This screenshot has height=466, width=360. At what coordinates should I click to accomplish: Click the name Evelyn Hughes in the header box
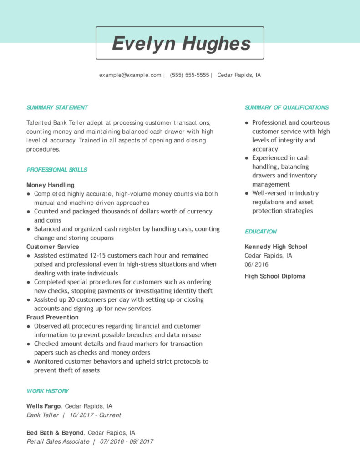click(181, 44)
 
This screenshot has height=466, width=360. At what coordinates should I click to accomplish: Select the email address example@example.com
click(130, 75)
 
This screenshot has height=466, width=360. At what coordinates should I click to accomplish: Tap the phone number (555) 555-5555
click(189, 75)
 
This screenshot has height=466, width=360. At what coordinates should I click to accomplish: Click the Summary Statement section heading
click(57, 107)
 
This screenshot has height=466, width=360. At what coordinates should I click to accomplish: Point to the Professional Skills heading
click(57, 170)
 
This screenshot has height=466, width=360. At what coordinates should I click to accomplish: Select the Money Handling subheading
click(50, 185)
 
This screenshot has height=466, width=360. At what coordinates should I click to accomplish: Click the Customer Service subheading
click(52, 247)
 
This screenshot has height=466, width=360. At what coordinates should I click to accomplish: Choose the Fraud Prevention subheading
click(52, 317)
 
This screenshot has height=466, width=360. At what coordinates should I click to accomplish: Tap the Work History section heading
click(48, 391)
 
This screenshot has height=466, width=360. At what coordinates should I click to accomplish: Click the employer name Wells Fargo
click(43, 406)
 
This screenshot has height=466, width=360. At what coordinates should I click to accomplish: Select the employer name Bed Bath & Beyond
click(55, 433)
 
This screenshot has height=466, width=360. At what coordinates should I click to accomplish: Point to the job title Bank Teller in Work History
click(43, 415)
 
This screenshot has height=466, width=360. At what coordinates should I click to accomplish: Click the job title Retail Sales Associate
click(58, 441)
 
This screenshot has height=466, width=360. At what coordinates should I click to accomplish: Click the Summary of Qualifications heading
click(286, 107)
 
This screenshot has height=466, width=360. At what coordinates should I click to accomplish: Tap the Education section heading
click(260, 232)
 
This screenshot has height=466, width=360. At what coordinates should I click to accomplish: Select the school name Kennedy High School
click(276, 247)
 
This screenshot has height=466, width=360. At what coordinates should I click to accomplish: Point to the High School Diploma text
click(275, 276)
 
